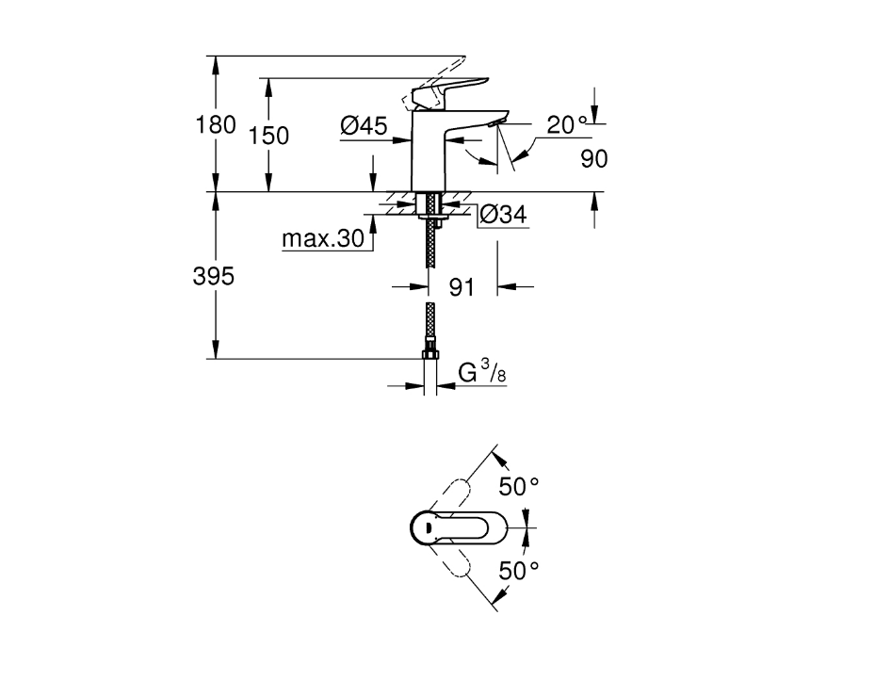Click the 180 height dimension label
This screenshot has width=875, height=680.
[216, 124]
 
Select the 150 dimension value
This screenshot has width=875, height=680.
[269, 136]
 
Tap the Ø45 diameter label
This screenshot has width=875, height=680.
[364, 125]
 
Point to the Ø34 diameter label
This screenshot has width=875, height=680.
[502, 216]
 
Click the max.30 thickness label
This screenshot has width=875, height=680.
[323, 239]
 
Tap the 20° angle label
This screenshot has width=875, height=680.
[567, 123]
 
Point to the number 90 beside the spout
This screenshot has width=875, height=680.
[593, 159]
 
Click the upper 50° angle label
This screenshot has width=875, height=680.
[518, 488]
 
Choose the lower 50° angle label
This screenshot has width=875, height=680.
[518, 570]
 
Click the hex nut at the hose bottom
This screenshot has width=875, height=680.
[430, 354]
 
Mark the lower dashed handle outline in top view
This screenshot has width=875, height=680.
[458, 563]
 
